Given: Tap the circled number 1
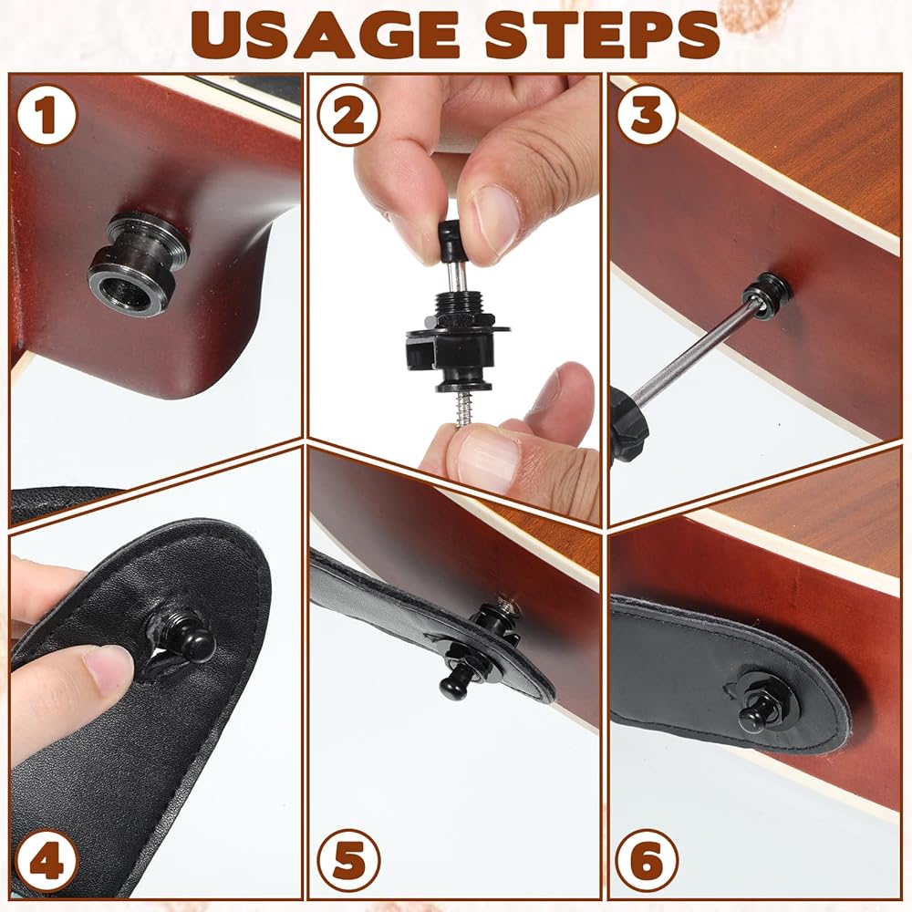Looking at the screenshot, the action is point(47,115).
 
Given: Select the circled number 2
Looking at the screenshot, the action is point(348,115).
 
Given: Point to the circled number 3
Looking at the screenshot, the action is point(648,114).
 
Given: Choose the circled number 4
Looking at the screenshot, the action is point(47,860).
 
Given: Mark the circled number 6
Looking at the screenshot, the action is point(647,860).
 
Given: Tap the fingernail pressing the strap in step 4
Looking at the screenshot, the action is point(109,668).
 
